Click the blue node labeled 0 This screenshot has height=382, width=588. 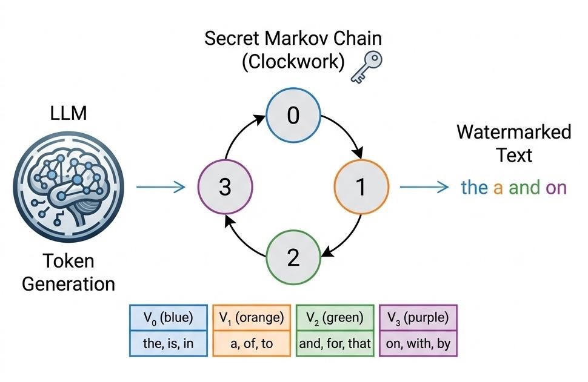293,115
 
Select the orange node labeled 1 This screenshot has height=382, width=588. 360,188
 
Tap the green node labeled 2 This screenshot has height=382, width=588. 293,258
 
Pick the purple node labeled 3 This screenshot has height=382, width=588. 225,188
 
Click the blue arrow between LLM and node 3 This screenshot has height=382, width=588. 160,188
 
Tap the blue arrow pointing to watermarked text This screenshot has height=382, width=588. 424,188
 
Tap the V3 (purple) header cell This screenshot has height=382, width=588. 418,317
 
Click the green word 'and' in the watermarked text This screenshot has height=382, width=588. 524,188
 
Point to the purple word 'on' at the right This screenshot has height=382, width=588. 556,188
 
